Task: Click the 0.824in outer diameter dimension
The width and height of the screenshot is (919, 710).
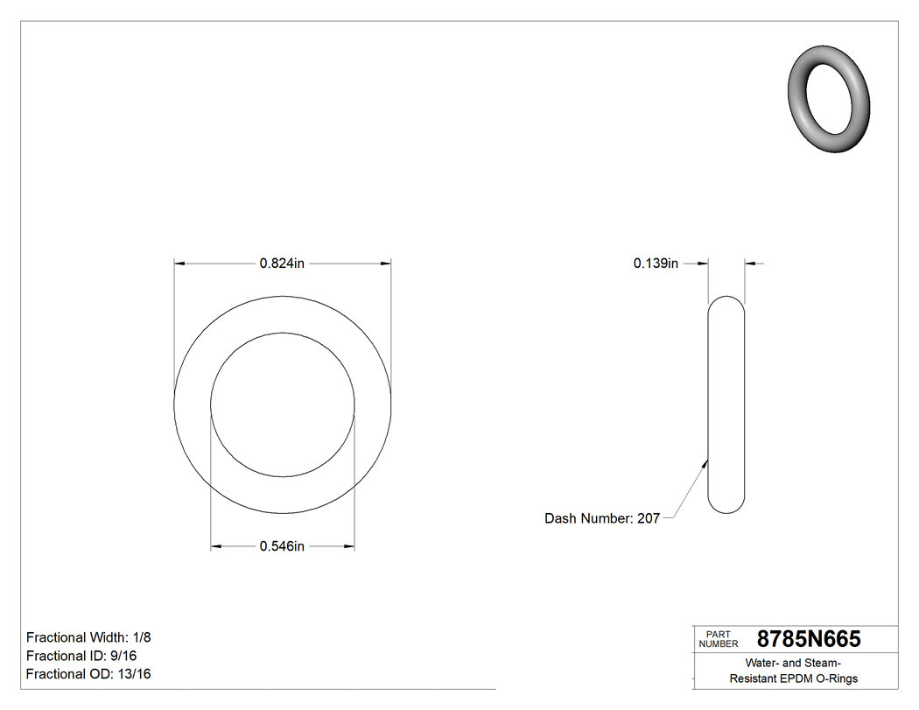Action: click(282, 263)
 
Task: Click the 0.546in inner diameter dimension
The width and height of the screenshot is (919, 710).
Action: click(282, 547)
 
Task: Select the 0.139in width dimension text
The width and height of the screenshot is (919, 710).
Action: click(656, 263)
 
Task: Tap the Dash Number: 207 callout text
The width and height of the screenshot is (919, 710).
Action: click(602, 518)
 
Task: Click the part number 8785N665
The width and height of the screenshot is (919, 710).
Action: click(809, 639)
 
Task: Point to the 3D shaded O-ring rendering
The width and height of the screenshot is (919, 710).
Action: click(828, 98)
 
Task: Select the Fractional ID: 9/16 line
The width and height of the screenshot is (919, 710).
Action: click(81, 656)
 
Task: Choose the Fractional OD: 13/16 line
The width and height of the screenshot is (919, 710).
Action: click(88, 674)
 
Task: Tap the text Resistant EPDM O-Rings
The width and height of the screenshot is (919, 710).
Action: click(794, 678)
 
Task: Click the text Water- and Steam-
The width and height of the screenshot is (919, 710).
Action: click(794, 663)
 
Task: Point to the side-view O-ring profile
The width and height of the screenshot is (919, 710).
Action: click(726, 404)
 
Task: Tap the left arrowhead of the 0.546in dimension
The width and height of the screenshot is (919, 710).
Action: click(216, 547)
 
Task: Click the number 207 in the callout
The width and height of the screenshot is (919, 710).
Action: click(648, 518)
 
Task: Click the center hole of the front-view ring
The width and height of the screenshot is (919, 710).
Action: click(283, 404)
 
